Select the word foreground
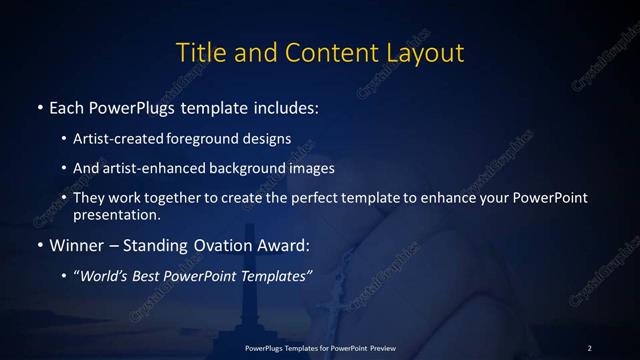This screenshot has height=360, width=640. [200, 138]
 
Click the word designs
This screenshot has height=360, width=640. [263, 138]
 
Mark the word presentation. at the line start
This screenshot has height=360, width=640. [117, 214]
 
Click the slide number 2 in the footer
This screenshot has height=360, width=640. [589, 347]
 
